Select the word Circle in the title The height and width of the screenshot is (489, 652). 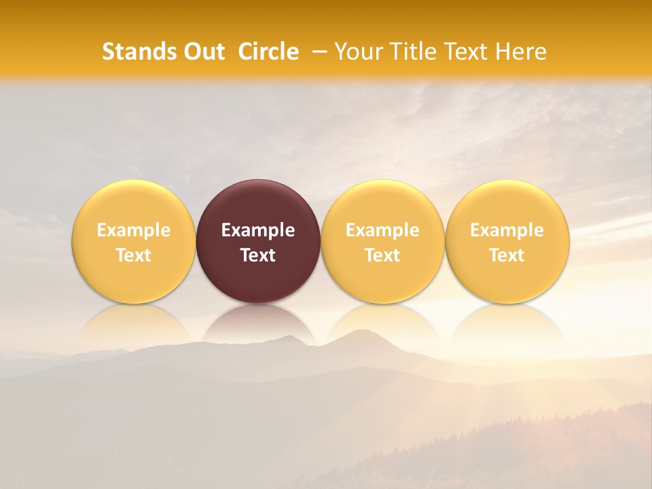coord(268,52)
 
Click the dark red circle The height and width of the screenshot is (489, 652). coord(258,204)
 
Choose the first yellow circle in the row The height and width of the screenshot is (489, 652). coord(133,204)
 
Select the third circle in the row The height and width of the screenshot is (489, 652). coord(382,204)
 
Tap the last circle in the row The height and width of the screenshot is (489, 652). coord(507,204)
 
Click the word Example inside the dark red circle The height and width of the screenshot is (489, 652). coord(258,230)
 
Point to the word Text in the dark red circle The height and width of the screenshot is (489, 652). coord(258,255)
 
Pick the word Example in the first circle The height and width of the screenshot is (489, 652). coord(133,230)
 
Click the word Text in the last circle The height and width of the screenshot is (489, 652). coord(507,255)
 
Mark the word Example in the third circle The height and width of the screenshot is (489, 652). coord(382,230)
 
